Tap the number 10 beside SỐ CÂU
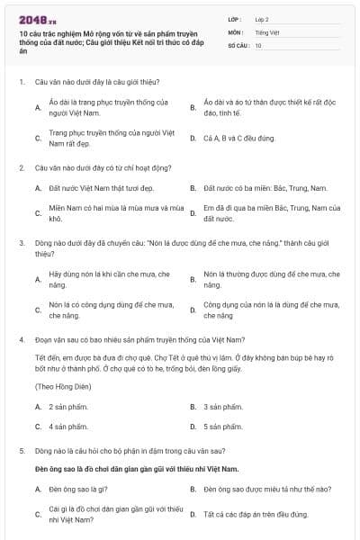[258, 45]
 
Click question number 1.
[22, 83]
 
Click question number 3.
[22, 243]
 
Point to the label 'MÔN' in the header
[235, 31]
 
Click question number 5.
[22, 449]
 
